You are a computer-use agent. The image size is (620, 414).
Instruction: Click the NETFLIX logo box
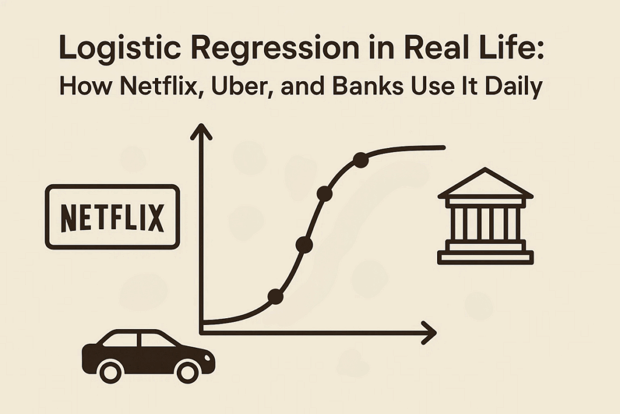(113, 217)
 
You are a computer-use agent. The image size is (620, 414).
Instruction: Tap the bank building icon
(486, 216)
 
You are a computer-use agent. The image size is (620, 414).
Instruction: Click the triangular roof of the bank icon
(486, 183)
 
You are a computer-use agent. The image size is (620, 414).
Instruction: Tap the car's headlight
(208, 357)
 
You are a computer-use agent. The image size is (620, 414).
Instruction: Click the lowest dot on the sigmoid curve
(275, 296)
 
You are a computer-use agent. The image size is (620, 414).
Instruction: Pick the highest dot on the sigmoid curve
(361, 160)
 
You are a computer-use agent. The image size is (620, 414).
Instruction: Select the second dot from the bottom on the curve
(304, 245)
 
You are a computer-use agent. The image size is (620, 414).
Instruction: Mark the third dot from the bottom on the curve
(325, 194)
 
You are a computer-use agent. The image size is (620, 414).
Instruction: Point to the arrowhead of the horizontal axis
(429, 333)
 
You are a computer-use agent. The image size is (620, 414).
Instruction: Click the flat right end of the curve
(444, 148)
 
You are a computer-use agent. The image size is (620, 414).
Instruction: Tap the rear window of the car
(120, 340)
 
